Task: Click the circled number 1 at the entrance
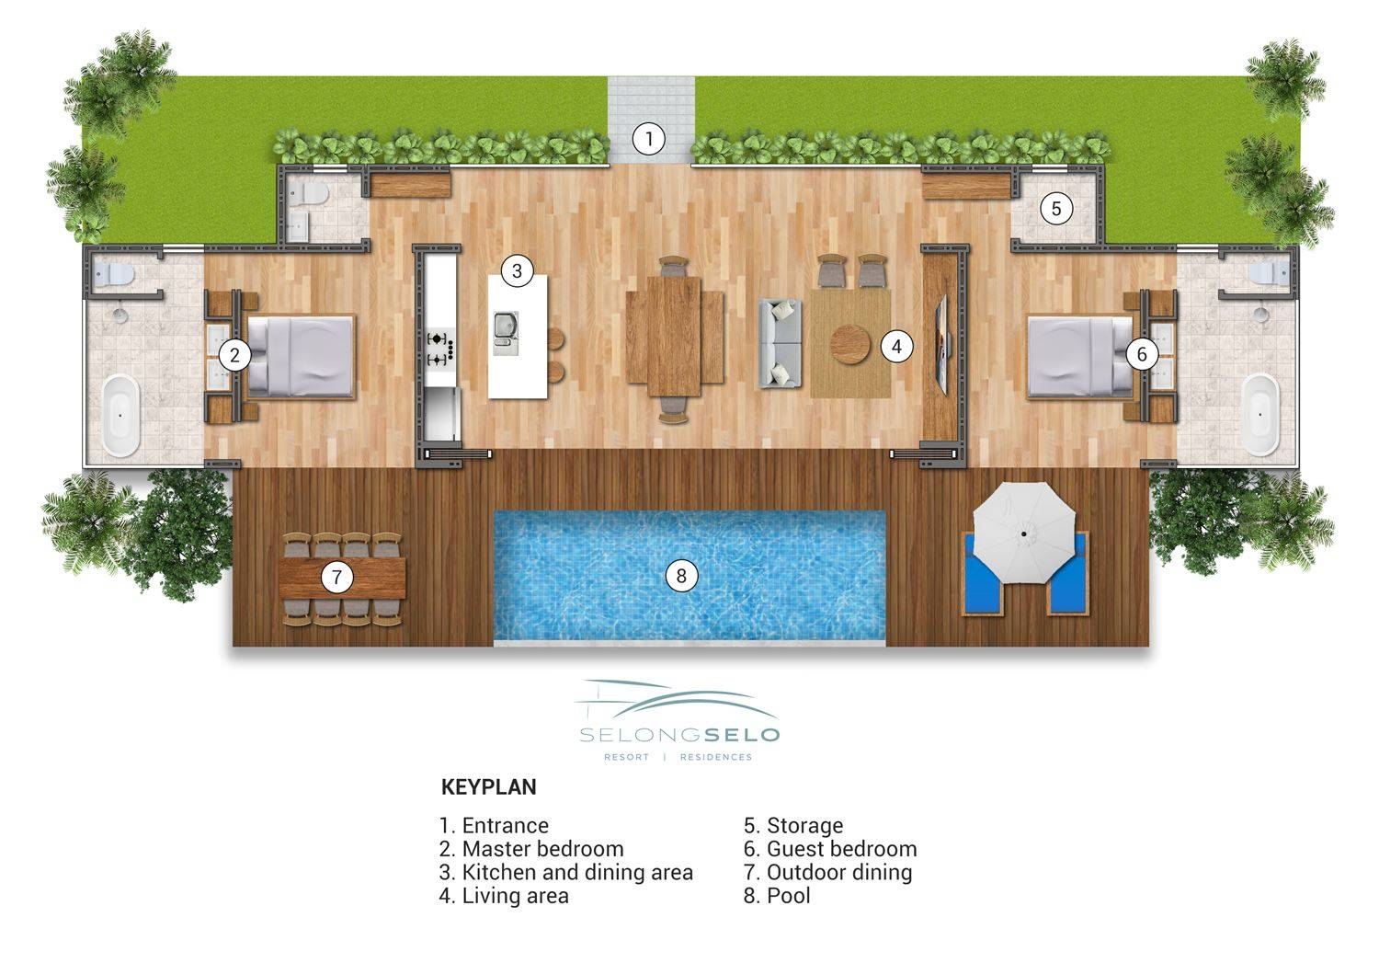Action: [x=648, y=139]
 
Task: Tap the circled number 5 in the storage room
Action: [x=1056, y=209]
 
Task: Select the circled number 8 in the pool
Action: [x=681, y=576]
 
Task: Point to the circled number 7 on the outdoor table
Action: [x=336, y=577]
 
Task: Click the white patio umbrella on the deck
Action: [x=1024, y=533]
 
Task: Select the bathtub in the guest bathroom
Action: [x=1259, y=415]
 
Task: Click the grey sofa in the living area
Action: [x=780, y=343]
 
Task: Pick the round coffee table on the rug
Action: [x=850, y=345]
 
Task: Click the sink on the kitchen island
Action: [x=506, y=333]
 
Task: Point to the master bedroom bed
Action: [x=300, y=357]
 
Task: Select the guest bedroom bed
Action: [x=1082, y=356]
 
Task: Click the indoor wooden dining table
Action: [x=674, y=337]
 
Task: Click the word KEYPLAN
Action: [x=489, y=787]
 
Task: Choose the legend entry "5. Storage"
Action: [x=792, y=825]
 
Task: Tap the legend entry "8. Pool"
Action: [x=776, y=895]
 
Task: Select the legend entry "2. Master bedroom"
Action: [x=531, y=848]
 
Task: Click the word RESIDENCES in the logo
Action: [x=716, y=757]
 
